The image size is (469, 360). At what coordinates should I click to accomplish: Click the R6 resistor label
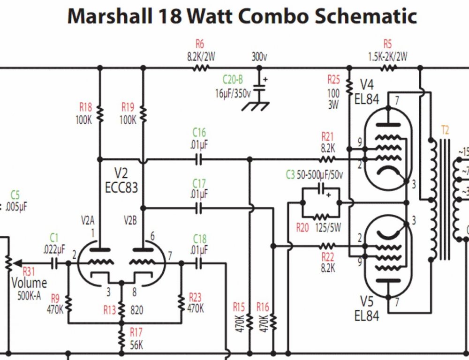point(200,45)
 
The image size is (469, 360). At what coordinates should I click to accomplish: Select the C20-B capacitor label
point(233,81)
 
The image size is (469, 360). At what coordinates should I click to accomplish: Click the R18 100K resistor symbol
point(99,113)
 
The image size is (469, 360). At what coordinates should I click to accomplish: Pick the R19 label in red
point(128,106)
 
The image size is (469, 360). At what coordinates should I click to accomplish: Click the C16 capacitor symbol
point(199,159)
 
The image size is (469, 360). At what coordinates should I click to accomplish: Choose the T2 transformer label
point(445,129)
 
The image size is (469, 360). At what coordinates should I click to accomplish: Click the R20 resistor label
point(303,228)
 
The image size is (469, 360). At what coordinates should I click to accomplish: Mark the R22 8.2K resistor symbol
point(327,246)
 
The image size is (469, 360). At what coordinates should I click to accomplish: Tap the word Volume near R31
point(29,283)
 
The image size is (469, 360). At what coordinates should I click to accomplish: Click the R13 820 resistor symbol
point(121,309)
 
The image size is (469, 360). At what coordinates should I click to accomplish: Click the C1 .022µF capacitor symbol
point(54,263)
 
